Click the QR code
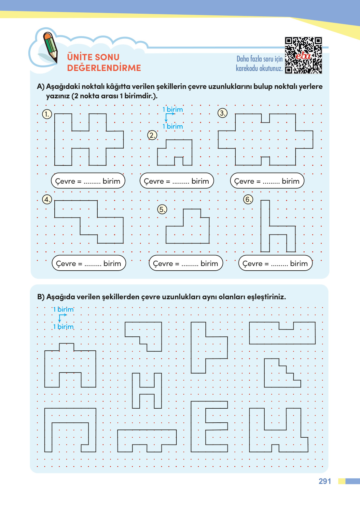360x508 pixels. [x=303, y=55]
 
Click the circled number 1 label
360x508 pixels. [x=47, y=114]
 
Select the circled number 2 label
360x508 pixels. [x=152, y=135]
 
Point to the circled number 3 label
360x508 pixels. [x=222, y=113]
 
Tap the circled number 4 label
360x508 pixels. [x=47, y=199]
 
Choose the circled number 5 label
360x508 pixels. [x=162, y=209]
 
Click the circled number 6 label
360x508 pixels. [x=248, y=199]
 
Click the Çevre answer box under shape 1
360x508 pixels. [x=88, y=181]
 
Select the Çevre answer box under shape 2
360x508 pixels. [x=177, y=181]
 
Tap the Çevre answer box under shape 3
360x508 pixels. [x=267, y=181]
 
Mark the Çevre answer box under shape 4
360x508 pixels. [x=89, y=263]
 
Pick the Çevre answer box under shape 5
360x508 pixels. [x=186, y=263]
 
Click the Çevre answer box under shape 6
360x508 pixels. [x=275, y=263]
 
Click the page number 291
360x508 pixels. [x=325, y=481]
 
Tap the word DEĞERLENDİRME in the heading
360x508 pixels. [x=104, y=68]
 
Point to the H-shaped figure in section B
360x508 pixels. [x=147, y=390]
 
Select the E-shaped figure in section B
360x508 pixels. [x=209, y=427]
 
